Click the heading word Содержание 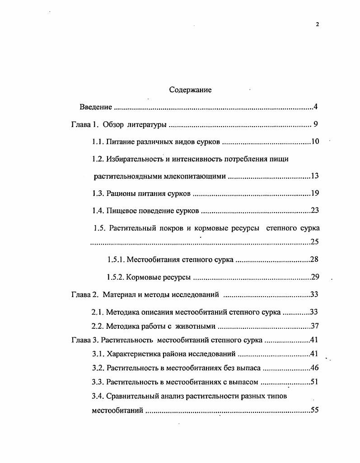pyautogui.click(x=190, y=90)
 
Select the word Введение pyautogui.click(x=96, y=107)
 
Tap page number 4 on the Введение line pyautogui.click(x=316, y=107)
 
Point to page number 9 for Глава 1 pyautogui.click(x=316, y=124)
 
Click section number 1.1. pyautogui.click(x=98, y=142)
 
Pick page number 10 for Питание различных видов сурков pyautogui.click(x=315, y=142)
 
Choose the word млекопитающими pyautogui.click(x=197, y=176)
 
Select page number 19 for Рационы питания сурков pyautogui.click(x=315, y=194)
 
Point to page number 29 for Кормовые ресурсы pyautogui.click(x=315, y=277)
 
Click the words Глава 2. pyautogui.click(x=85, y=295)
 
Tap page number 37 pyautogui.click(x=315, y=326)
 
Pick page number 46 pyautogui.click(x=315, y=368)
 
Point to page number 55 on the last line pyautogui.click(x=315, y=411)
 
